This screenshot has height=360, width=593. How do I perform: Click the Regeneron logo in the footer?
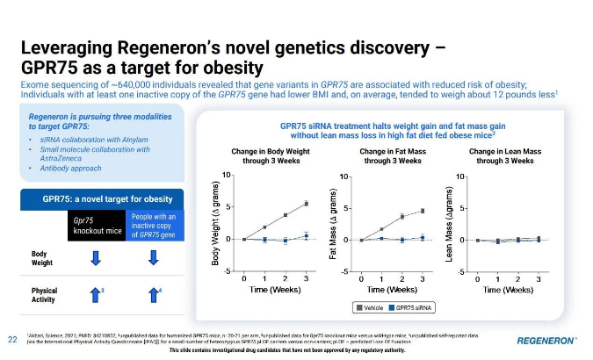pos(546,339)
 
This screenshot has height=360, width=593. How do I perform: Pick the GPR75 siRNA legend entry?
pos(416,307)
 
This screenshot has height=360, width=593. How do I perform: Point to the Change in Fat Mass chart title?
pos(391,156)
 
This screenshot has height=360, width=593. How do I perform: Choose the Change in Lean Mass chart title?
pos(505,156)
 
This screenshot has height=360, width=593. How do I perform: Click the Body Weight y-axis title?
pos(215,224)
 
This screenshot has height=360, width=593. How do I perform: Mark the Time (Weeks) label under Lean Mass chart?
pos(507,288)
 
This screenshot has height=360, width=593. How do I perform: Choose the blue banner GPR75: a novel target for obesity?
pos(95,199)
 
